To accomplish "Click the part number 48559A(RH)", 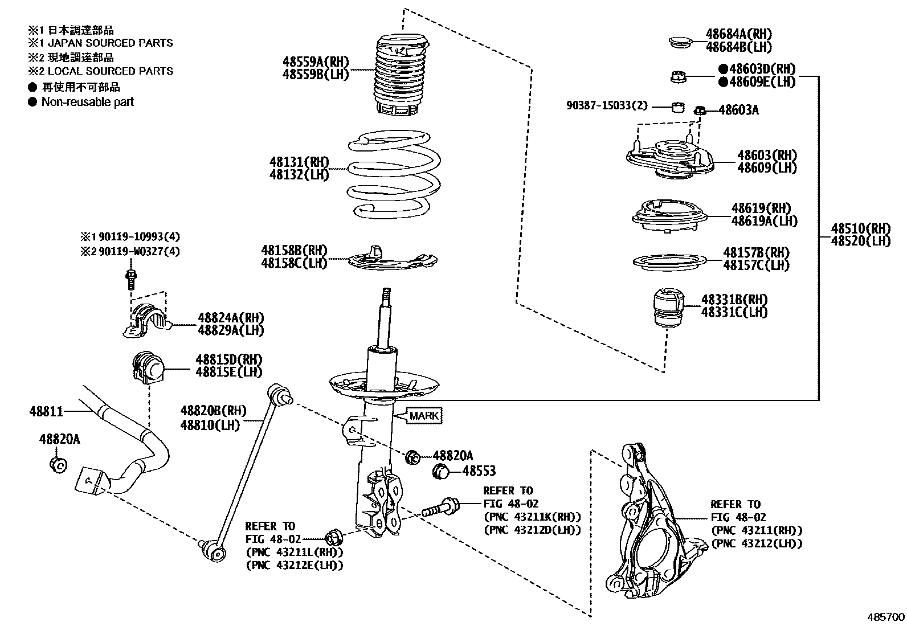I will (x=315, y=62).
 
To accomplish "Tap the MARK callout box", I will (x=424, y=416).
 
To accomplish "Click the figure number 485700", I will (x=885, y=617).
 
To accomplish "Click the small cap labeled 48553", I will (x=442, y=471).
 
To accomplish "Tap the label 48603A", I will (x=738, y=110).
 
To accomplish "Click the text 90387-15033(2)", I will (x=607, y=106).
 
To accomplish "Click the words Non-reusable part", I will (x=87, y=102).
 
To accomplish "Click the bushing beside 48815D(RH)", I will (x=147, y=367).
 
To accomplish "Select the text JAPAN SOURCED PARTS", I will (x=110, y=43).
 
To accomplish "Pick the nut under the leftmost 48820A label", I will (x=58, y=464).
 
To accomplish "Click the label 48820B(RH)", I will (x=213, y=411).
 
